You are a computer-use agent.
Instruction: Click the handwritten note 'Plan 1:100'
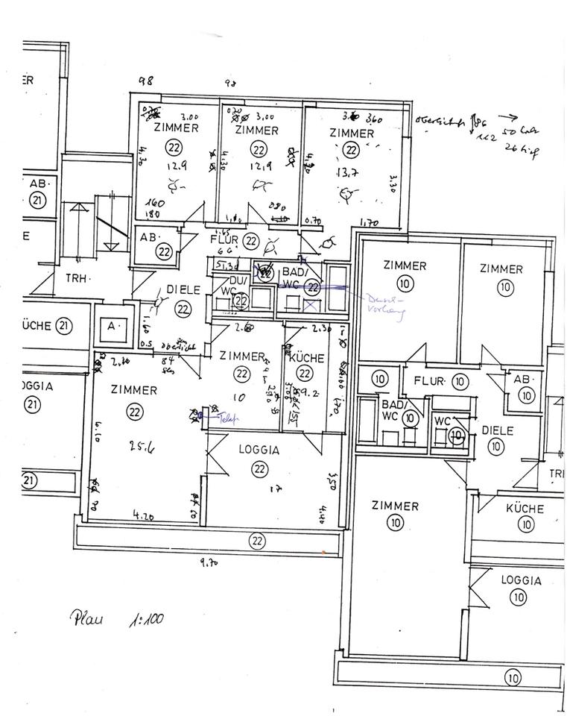tap(118, 618)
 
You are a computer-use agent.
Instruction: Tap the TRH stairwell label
tap(77, 278)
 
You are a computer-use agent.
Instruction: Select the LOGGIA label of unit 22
tap(259, 450)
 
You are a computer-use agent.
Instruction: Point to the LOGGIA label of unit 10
tap(521, 580)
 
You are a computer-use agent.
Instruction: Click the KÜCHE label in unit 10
tap(525, 509)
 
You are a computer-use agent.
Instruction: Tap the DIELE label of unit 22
tap(183, 290)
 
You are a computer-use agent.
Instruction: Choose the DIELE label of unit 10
tap(495, 430)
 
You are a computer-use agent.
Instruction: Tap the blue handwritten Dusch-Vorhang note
tap(384, 307)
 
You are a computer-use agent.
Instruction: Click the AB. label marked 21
tap(37, 183)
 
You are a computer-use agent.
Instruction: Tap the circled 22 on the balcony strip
tap(258, 540)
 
